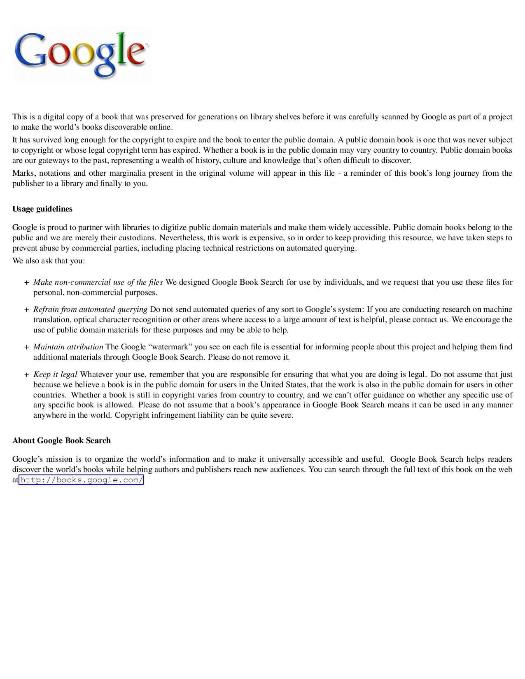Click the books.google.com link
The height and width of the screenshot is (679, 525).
(x=81, y=480)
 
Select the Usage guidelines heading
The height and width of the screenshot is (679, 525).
(x=42, y=209)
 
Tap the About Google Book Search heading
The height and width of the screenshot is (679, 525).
(x=62, y=441)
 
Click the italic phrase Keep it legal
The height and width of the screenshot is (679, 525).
(x=55, y=374)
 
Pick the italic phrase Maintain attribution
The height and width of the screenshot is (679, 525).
(x=68, y=347)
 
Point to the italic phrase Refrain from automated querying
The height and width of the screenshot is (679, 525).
(x=90, y=309)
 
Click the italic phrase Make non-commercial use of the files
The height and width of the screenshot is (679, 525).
(x=98, y=282)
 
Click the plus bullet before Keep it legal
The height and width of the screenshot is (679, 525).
(x=26, y=375)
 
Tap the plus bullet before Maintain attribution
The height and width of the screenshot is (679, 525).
(x=26, y=347)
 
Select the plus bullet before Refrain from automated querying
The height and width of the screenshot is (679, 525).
(x=26, y=310)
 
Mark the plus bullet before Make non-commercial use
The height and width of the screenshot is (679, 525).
(x=26, y=283)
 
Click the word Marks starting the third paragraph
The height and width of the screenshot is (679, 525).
(x=23, y=173)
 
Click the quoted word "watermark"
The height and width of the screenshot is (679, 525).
(x=169, y=347)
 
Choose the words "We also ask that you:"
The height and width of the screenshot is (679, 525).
(x=49, y=261)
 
